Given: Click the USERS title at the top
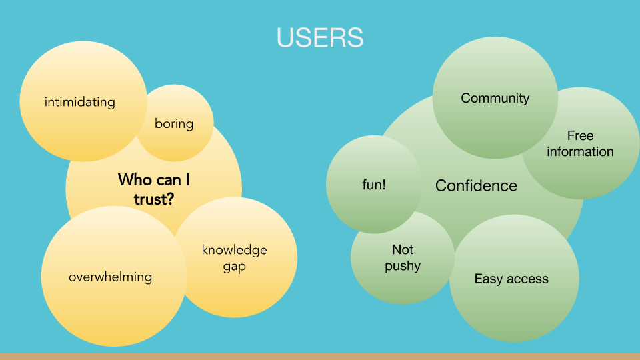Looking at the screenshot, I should click(320, 37).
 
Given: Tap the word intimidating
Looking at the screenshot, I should click(80, 102).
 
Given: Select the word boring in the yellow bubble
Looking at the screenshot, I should click(174, 123).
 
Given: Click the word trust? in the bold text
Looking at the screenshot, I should click(154, 199).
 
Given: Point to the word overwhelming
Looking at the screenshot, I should click(110, 277).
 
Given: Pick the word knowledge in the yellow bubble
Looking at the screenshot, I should click(234, 250).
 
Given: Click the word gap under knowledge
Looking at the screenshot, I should click(234, 267).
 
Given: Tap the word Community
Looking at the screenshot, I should click(495, 98).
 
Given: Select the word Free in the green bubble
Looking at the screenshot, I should click(580, 136).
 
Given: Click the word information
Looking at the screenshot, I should click(580, 152).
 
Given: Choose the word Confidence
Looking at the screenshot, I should click(476, 185).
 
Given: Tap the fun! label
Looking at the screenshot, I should click(373, 185).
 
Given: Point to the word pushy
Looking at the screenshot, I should click(403, 266).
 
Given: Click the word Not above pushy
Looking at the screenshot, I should click(403, 249).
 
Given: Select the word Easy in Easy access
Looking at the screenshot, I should click(488, 279).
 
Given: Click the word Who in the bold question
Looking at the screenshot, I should click(132, 179).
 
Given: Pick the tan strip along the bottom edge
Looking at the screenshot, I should click(320, 356).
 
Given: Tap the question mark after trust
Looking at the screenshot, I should click(170, 199).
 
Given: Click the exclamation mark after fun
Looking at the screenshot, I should click(384, 185).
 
